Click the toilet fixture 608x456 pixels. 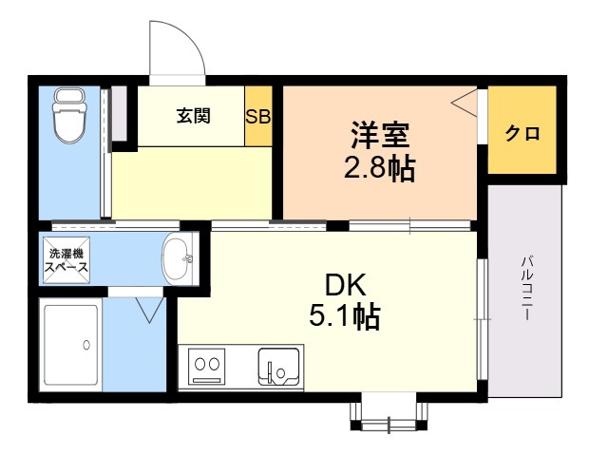(x=69, y=116)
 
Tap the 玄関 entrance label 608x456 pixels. (x=194, y=116)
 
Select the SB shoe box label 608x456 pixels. (x=257, y=116)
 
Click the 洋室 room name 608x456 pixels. (x=380, y=135)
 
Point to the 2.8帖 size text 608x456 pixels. (x=380, y=168)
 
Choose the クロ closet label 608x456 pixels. (x=522, y=133)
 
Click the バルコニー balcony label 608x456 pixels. (x=526, y=288)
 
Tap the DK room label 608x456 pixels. (x=345, y=285)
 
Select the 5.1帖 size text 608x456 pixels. (x=344, y=316)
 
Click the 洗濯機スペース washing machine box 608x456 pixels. (x=66, y=260)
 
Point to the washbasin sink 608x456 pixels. (x=177, y=258)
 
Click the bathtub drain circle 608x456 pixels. (x=86, y=345)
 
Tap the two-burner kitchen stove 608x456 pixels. (x=207, y=366)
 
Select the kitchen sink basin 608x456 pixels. (x=278, y=367)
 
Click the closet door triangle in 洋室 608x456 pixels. (x=465, y=103)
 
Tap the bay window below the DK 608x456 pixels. (x=389, y=417)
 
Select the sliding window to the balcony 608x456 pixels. (x=482, y=319)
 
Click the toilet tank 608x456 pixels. (x=69, y=95)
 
